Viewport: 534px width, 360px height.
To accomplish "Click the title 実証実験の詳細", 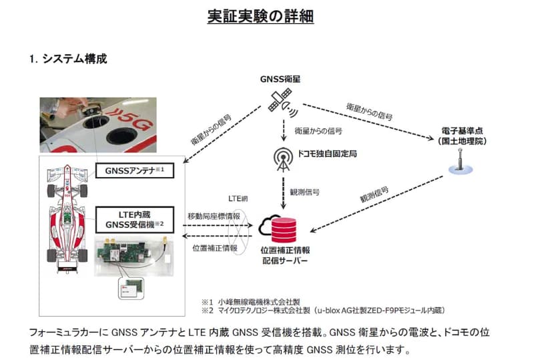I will (266, 16).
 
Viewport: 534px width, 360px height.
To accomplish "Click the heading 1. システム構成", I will (67, 59).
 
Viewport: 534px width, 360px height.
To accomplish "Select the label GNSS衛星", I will (280, 79).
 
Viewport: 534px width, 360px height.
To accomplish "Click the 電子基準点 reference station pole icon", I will (459, 162).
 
